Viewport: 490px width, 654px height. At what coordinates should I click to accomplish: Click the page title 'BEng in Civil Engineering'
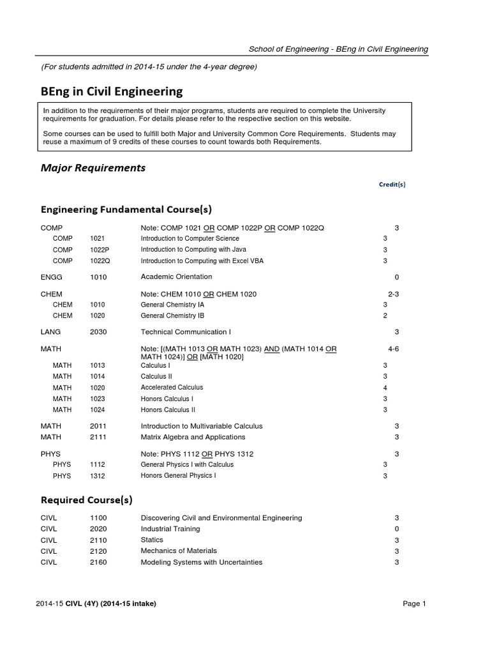coord(112,91)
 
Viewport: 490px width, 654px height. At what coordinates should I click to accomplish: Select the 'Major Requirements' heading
coord(93,168)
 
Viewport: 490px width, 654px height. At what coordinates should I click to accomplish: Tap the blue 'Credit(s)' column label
coord(392,185)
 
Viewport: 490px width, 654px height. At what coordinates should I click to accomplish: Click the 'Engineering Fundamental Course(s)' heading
coord(126,209)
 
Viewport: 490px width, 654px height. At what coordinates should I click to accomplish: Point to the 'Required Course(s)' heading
coord(87,499)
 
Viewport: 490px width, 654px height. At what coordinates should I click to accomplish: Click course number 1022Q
coord(100,261)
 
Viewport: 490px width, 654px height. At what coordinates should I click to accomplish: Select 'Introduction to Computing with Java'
coord(193,250)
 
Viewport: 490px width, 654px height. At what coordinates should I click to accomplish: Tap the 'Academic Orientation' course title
coord(176,277)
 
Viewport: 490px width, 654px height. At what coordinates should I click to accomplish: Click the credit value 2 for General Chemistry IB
coord(385,316)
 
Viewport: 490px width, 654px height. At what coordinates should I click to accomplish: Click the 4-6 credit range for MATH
coord(393,349)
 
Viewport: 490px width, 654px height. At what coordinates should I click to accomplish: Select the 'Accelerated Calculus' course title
coord(172,388)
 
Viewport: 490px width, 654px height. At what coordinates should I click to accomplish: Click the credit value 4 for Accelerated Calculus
coord(385,388)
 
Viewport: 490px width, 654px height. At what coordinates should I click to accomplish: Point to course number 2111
coord(98,437)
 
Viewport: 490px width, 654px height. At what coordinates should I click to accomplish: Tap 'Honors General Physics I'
coord(178,476)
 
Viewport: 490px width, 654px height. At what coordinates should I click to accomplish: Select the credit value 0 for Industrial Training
coord(397,529)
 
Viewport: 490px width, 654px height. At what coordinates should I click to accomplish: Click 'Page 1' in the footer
coord(414,604)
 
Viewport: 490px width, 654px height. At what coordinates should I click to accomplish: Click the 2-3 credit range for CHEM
coord(393,294)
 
